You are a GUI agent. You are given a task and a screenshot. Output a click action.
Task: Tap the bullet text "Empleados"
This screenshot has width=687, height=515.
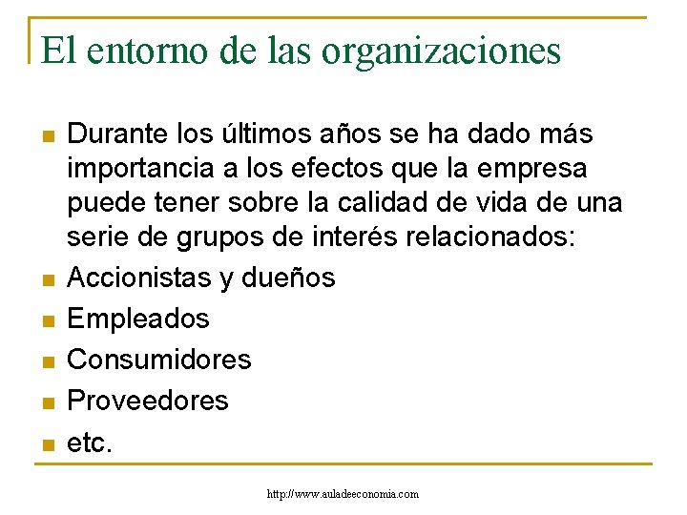point(138,318)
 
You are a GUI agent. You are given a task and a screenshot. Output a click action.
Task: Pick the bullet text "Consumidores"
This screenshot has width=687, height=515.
point(159,359)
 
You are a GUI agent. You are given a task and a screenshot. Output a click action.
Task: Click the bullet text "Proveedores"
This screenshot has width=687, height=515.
point(148,400)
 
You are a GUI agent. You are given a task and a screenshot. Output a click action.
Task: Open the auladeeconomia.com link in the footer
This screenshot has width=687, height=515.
point(343,494)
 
